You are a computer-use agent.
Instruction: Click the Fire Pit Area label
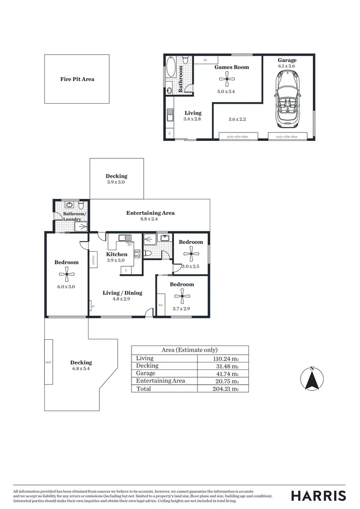(x=77, y=79)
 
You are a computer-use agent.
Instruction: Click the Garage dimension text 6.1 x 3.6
(x=287, y=67)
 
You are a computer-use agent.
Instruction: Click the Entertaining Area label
(x=150, y=213)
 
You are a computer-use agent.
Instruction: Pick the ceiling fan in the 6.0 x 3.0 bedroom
(x=66, y=274)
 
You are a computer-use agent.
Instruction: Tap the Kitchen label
(x=116, y=254)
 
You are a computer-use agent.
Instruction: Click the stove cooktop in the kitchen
(x=138, y=254)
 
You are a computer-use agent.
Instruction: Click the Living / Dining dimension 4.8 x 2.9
(x=122, y=299)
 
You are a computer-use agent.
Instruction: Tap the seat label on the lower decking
(x=48, y=362)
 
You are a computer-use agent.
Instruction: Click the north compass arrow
(x=311, y=380)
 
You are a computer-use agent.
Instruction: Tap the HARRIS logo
(x=318, y=495)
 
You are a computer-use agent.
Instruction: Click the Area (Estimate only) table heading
(x=189, y=350)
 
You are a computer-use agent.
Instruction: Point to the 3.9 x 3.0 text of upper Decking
(x=115, y=182)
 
